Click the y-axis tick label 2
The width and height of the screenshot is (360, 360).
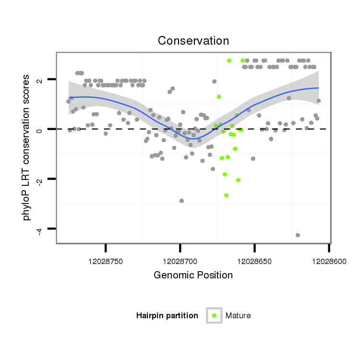coord(40,79)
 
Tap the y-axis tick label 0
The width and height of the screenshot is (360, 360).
coord(40,129)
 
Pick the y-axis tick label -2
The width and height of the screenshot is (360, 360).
coord(40,179)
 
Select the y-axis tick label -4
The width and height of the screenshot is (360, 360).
coord(40,228)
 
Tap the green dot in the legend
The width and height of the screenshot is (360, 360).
coord(214,315)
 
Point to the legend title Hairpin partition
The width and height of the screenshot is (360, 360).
coord(167,316)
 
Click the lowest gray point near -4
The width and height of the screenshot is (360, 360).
coord(298,235)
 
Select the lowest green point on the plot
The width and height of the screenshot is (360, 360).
coord(226,195)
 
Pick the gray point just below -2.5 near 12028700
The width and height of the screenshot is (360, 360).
coord(181,201)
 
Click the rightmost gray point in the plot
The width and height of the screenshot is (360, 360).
coord(319,101)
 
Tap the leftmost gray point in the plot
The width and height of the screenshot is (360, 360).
coord(69,101)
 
